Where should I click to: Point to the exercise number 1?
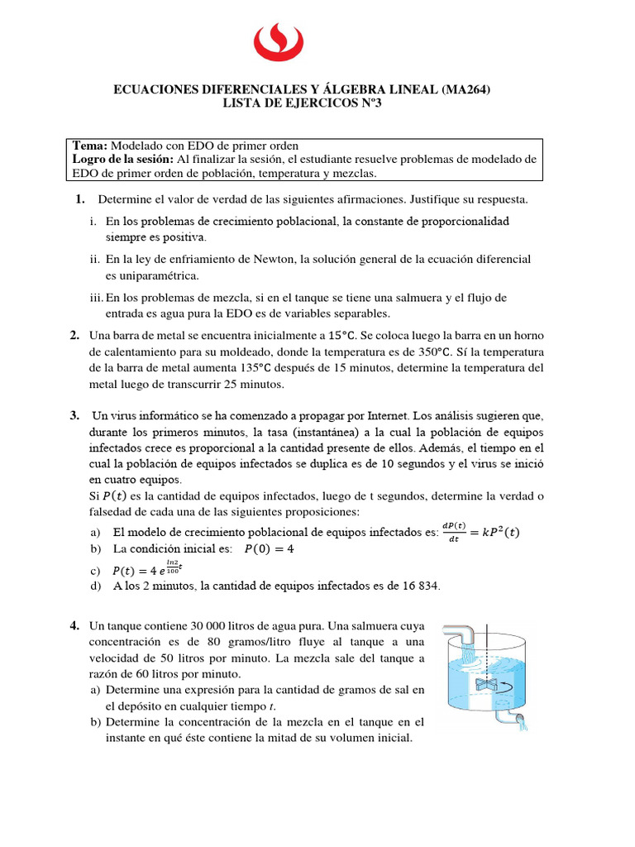pyautogui.click(x=80, y=199)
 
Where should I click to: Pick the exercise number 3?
pyautogui.click(x=74, y=415)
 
